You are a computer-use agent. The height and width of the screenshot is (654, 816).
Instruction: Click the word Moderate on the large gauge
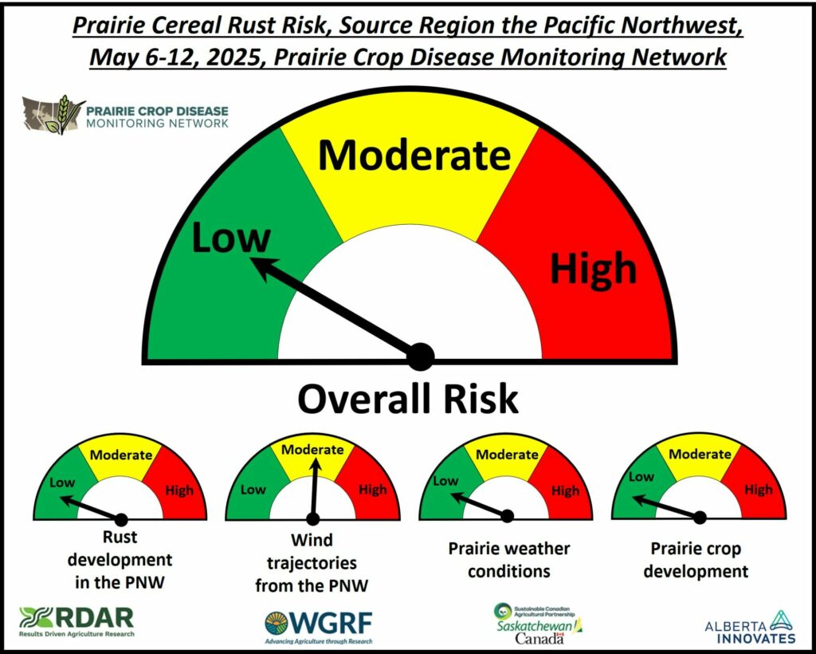pyautogui.click(x=414, y=155)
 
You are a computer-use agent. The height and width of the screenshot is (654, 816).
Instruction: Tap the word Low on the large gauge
pyautogui.click(x=231, y=237)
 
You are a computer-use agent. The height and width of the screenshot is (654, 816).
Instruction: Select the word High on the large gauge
pyautogui.click(x=594, y=269)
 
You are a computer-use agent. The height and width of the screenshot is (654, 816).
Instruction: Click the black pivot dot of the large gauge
pyautogui.click(x=421, y=357)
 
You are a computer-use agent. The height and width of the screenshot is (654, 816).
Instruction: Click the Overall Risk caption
pyautogui.click(x=408, y=399)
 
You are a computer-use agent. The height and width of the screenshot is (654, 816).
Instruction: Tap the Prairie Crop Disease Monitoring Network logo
pyautogui.click(x=125, y=114)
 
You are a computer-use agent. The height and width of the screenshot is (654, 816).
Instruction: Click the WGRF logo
pyautogui.click(x=319, y=627)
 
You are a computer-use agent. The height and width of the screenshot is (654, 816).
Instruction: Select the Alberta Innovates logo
pyautogui.click(x=750, y=628)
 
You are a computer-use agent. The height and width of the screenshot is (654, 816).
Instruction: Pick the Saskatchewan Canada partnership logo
pyautogui.click(x=538, y=623)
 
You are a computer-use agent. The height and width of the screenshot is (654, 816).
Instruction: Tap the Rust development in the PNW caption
pyautogui.click(x=120, y=560)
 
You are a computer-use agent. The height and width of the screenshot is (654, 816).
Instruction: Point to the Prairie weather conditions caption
pyautogui.click(x=509, y=560)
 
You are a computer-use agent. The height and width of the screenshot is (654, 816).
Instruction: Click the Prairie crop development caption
pyautogui.click(x=696, y=560)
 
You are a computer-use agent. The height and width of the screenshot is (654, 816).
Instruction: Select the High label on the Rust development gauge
pyautogui.click(x=179, y=490)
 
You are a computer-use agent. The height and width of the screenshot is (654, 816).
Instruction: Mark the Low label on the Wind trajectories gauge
pyautogui.click(x=253, y=490)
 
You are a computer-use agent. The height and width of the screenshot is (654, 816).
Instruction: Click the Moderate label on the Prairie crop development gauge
pyautogui.click(x=700, y=454)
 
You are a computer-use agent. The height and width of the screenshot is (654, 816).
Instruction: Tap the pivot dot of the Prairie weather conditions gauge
pyautogui.click(x=508, y=516)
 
